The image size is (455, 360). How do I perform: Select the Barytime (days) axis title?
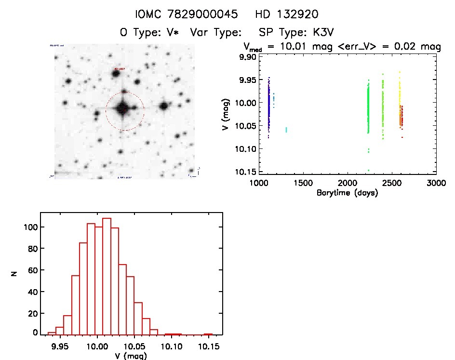click(347, 193)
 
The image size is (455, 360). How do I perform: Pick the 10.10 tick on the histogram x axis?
click(172, 346)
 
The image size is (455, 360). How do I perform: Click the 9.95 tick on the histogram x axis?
click(60, 346)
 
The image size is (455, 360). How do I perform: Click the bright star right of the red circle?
click(164, 106)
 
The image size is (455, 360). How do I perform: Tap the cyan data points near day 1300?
click(286, 130)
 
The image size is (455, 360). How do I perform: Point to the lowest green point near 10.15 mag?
click(369, 170)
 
